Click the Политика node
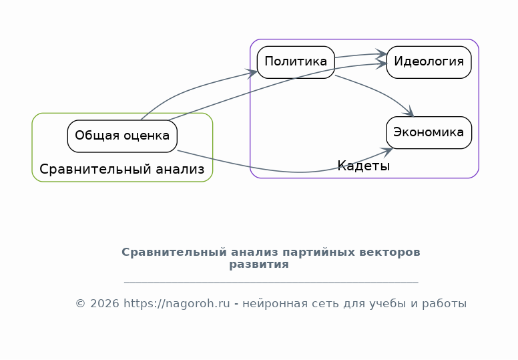pos(296,62)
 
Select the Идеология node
pos(429,62)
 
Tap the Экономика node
pos(429,132)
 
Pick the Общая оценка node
pos(122,136)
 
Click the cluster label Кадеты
pos(363,166)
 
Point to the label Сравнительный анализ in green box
pos(122,169)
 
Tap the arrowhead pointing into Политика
pos(252,73)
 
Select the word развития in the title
pos(259,264)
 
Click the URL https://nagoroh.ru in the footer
pos(177,303)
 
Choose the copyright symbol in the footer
pos(81,303)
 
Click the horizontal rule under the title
pos(271,283)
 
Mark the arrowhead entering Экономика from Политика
pos(409,112)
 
